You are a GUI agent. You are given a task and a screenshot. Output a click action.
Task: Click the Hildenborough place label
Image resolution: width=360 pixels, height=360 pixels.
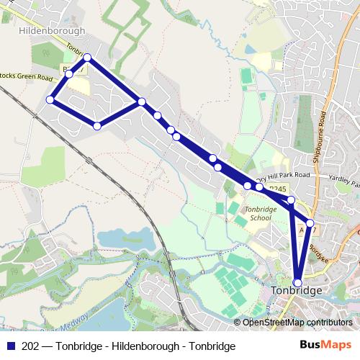(52, 31)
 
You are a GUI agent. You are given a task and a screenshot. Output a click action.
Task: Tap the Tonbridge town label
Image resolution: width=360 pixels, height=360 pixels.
(298, 290)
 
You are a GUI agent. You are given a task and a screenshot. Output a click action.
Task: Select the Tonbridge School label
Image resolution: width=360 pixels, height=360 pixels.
(258, 213)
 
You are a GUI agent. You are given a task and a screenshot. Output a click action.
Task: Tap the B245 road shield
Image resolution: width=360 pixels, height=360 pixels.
(277, 188)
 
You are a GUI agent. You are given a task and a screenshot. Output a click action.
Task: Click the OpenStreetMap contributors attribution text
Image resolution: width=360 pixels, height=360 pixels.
(297, 323)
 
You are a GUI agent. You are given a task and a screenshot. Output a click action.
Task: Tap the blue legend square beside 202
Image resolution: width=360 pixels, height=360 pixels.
(10, 346)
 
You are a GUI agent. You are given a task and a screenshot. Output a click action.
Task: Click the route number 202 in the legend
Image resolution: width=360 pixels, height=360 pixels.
(31, 346)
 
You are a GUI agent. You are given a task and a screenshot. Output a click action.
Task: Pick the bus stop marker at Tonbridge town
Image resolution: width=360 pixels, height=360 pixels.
(297, 282)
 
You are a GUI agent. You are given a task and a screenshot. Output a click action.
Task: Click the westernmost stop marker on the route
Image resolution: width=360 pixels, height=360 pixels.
(50, 99)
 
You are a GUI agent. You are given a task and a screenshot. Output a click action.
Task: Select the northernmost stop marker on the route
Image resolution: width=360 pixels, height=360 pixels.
(87, 57)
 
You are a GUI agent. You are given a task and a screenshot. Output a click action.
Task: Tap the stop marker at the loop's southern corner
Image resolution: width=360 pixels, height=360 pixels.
(97, 126)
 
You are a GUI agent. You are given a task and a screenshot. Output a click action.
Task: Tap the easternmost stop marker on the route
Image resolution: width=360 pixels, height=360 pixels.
(310, 223)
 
